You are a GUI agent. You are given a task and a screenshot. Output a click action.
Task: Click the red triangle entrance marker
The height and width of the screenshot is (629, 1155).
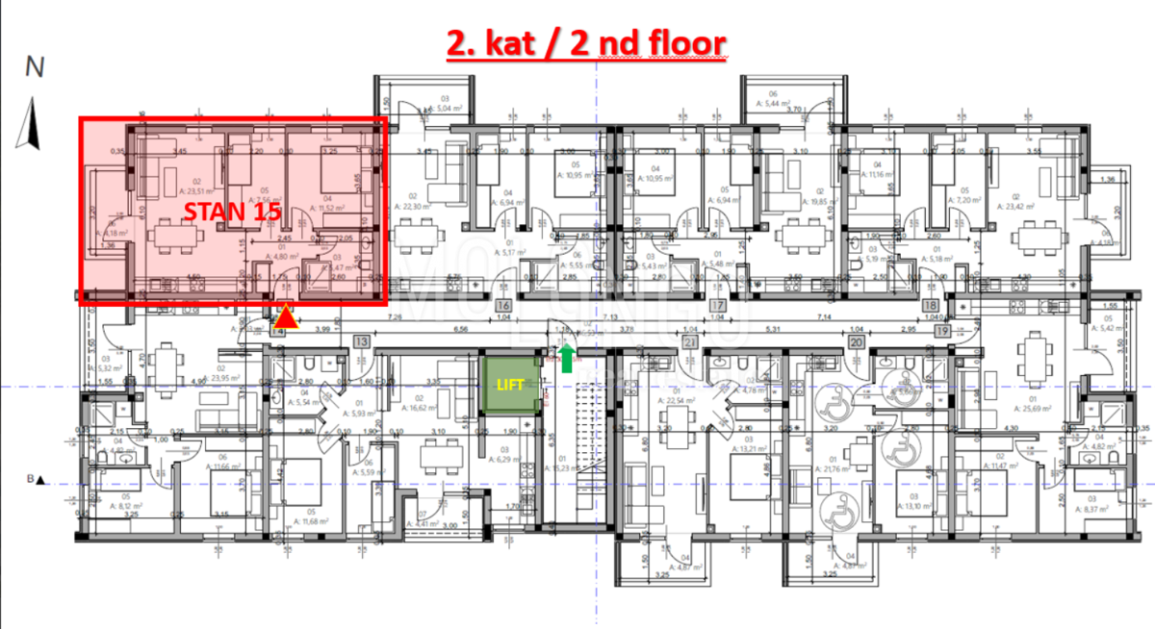(287, 316)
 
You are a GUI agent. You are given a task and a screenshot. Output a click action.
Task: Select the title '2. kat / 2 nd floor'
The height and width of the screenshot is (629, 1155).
(584, 43)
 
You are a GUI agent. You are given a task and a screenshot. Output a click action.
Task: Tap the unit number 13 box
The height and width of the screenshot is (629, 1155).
(362, 341)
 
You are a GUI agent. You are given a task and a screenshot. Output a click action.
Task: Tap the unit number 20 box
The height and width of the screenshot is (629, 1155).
(856, 341)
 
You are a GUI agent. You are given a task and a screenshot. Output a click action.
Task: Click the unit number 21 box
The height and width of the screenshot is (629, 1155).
(688, 341)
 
